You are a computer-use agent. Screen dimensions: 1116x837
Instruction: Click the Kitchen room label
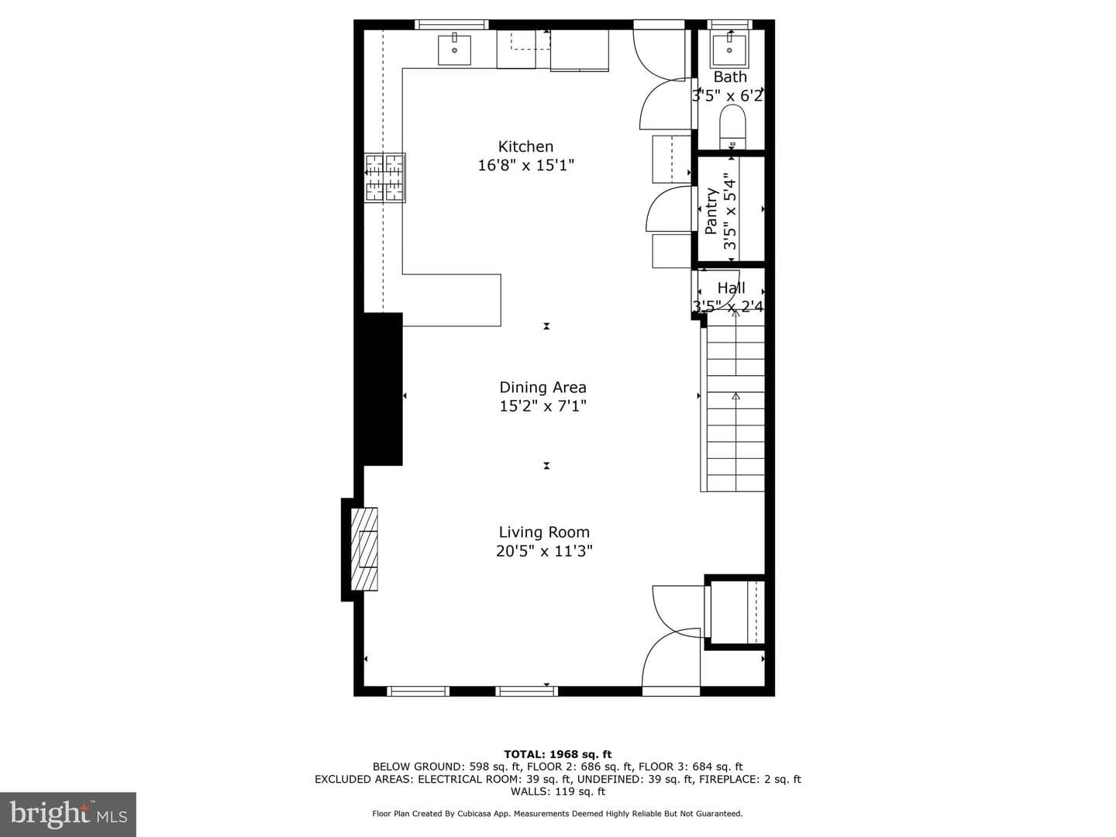point(525,147)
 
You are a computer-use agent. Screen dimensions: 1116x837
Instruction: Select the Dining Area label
point(542,387)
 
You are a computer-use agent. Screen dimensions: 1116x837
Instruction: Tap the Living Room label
point(544,532)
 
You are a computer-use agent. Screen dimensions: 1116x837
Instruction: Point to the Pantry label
point(711,211)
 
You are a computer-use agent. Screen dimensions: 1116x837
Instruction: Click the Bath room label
point(730,77)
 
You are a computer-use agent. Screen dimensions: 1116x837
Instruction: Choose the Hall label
point(731,288)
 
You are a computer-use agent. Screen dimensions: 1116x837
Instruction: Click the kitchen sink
point(454,49)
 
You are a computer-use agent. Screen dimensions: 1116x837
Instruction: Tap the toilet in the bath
point(732,127)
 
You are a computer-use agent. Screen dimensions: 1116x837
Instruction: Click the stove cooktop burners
point(385,178)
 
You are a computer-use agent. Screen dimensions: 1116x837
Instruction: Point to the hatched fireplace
point(364,549)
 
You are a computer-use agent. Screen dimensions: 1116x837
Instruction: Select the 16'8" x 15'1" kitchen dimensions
point(525,165)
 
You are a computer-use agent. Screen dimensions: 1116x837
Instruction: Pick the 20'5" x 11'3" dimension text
point(544,551)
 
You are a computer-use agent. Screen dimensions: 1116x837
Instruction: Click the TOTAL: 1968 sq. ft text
point(558,754)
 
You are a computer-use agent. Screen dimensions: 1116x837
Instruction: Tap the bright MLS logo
point(68,814)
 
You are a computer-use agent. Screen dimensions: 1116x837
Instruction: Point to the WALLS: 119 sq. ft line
point(558,791)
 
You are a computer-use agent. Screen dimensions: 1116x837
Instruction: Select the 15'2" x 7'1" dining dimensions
point(543,406)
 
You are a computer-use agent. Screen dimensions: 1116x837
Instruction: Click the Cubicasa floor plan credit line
point(557,814)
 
